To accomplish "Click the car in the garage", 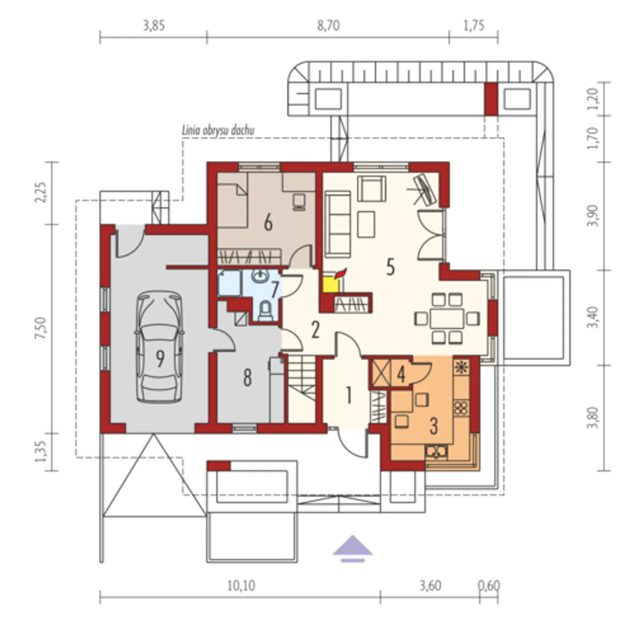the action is (160, 346).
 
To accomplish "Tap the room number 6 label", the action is (268, 224).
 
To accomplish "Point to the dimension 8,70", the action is (328, 26).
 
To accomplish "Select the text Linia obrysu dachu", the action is (218, 130).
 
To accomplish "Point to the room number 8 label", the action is (248, 377).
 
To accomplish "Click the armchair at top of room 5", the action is (372, 188).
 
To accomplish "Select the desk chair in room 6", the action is (299, 202).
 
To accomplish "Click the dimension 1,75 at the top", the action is (474, 26).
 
